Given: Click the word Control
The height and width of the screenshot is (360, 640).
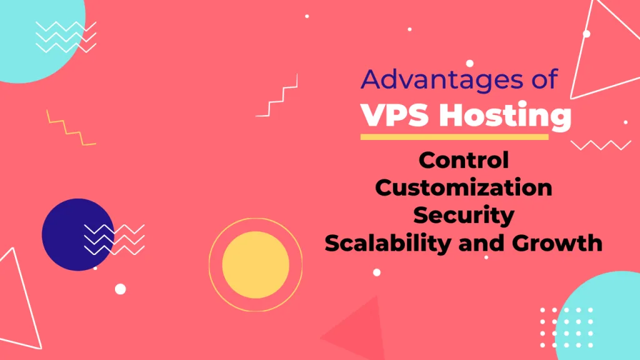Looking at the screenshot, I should click(464, 160).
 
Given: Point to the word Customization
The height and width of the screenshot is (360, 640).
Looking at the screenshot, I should click(464, 187).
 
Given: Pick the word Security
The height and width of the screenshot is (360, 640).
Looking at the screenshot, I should click(464, 215).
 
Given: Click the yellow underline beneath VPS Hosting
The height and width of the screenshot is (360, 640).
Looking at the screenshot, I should click(454, 137).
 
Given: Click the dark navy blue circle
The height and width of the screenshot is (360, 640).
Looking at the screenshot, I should click(72, 234).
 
